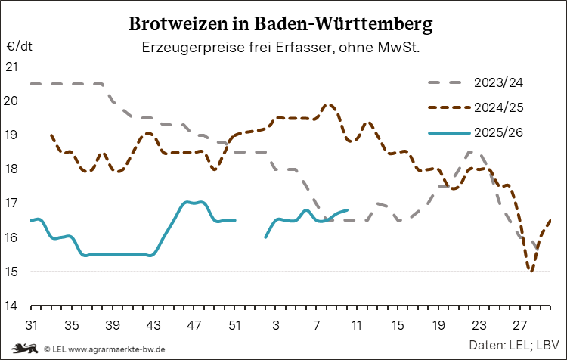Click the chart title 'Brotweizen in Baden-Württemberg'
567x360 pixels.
pos(281,24)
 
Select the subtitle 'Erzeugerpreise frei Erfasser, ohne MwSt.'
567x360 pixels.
pos(281,48)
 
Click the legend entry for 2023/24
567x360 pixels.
pos(499,82)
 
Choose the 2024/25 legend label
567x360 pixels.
pos(499,107)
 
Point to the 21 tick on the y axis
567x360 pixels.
pos(12,67)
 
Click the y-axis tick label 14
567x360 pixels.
pos(12,306)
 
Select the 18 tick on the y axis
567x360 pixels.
pos(12,169)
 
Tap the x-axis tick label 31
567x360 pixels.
pos(31,325)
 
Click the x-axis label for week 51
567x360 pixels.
pos(235,325)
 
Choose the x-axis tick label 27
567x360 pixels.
pos(519,325)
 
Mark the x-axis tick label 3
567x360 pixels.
pos(275,325)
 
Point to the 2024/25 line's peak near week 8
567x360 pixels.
pos(328,105)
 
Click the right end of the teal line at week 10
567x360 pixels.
pos(346,209)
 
